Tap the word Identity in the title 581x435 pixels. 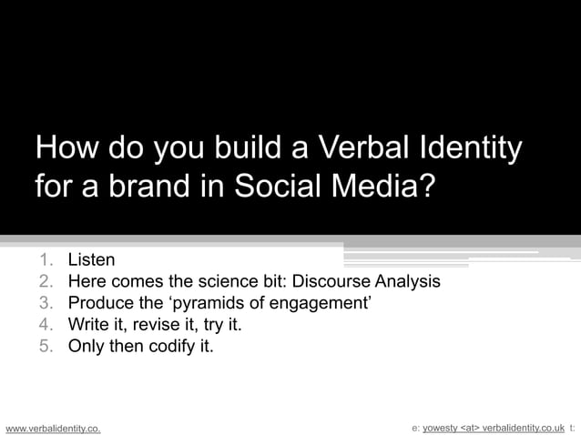tap(469, 147)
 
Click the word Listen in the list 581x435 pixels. tap(91, 260)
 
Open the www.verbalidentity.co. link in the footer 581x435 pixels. tap(53, 426)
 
